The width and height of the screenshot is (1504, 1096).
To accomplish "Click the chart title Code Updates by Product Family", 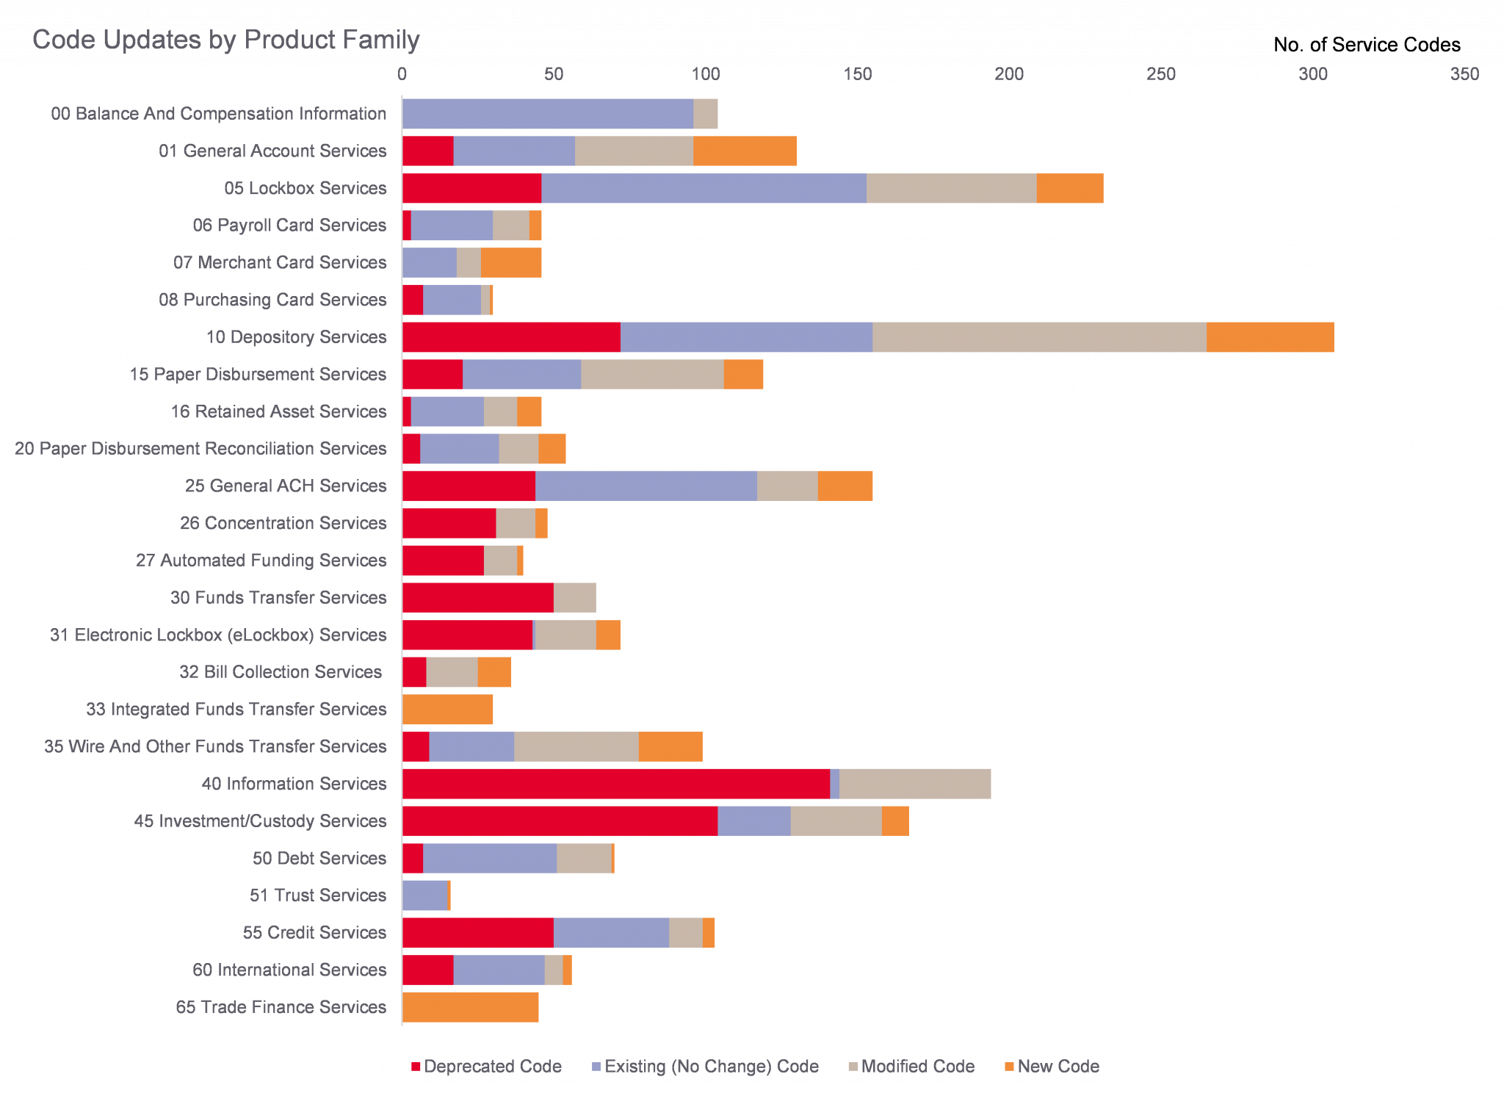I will click(225, 40).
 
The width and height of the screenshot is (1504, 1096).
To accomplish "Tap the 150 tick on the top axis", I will click(857, 74).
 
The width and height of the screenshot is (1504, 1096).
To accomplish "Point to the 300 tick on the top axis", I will click(1312, 74).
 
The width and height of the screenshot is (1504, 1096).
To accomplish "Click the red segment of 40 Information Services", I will click(615, 784).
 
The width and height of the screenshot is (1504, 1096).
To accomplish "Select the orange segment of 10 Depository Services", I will click(1270, 337).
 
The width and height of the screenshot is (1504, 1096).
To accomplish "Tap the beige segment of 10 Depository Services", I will click(1038, 337).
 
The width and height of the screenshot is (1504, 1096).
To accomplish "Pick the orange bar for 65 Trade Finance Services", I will click(470, 1007).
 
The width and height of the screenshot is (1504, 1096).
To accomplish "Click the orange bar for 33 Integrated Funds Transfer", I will click(447, 710).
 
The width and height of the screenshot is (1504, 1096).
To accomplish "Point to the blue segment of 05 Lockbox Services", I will click(703, 188).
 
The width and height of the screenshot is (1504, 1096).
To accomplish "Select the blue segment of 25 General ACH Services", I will click(646, 486).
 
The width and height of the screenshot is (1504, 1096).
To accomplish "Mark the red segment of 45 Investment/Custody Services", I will click(560, 821).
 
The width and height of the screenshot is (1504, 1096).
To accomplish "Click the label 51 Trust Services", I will click(317, 895).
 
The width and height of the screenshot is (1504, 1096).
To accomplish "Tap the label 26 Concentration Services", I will click(283, 523).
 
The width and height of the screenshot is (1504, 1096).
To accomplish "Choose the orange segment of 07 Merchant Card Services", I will click(511, 263).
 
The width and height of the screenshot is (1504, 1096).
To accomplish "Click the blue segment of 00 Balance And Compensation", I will click(547, 114).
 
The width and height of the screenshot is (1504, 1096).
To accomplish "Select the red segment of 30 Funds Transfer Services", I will click(477, 597).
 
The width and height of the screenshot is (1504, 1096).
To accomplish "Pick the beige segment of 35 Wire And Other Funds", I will click(576, 746).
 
